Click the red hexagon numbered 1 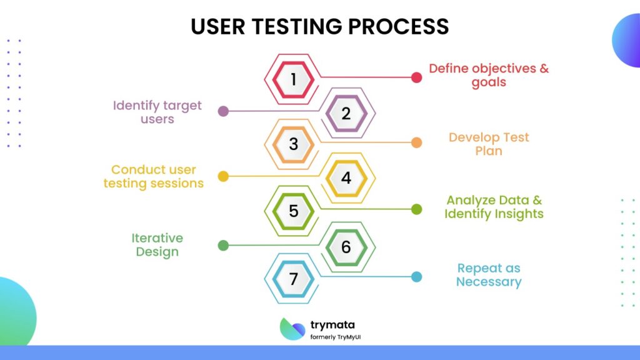click(x=293, y=79)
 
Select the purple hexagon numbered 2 click(x=346, y=114)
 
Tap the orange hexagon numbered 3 click(x=293, y=144)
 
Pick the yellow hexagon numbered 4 click(x=346, y=178)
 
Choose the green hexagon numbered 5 click(x=293, y=211)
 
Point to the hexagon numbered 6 click(x=346, y=247)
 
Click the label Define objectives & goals click(x=488, y=75)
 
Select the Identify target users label click(x=157, y=111)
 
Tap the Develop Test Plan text click(x=488, y=144)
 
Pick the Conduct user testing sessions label click(x=154, y=176)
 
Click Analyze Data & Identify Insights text click(x=494, y=207)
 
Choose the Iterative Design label click(x=157, y=245)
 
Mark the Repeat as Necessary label click(x=488, y=275)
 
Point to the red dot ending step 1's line click(x=417, y=77)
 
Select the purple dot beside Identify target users click(x=222, y=111)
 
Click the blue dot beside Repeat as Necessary click(x=417, y=277)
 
